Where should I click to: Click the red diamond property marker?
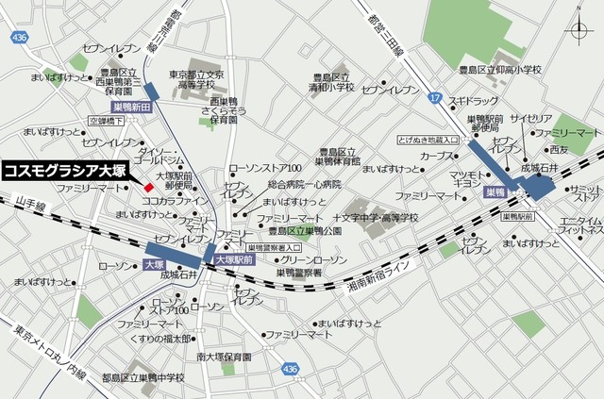[148, 186]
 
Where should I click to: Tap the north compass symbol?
[579, 32]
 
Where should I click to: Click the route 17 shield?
[433, 97]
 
